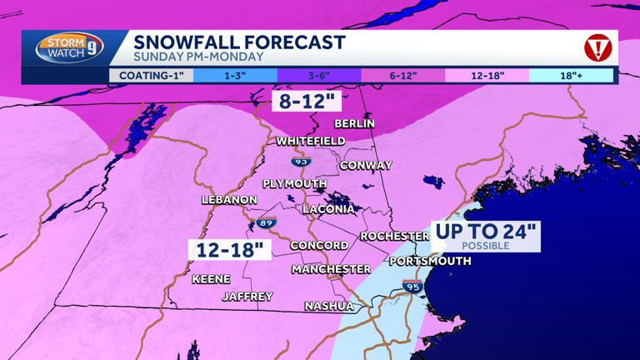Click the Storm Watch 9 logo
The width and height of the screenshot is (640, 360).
click(x=69, y=47)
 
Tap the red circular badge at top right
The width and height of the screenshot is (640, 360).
click(x=597, y=48)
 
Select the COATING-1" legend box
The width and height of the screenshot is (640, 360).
click(x=151, y=76)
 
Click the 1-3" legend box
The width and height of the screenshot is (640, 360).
click(x=235, y=76)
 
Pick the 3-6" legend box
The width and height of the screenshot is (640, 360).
click(x=319, y=76)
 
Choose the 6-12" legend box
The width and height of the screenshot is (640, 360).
click(x=403, y=76)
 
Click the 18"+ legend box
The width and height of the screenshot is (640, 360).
click(x=571, y=76)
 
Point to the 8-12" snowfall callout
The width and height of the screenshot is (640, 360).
click(x=307, y=102)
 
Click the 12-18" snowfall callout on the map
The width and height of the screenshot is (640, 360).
click(x=230, y=249)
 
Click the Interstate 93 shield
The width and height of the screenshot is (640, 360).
click(x=300, y=161)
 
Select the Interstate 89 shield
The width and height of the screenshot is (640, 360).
click(x=266, y=223)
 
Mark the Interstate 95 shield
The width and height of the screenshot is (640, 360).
click(x=412, y=286)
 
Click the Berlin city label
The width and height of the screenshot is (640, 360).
click(x=354, y=123)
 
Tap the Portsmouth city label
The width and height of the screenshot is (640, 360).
click(x=430, y=262)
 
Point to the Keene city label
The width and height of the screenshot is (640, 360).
click(x=211, y=279)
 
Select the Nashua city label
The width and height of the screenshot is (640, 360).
click(x=328, y=306)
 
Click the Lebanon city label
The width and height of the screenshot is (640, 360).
click(x=229, y=200)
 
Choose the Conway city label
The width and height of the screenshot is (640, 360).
click(x=365, y=166)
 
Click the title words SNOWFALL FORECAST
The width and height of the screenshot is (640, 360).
click(x=239, y=42)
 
